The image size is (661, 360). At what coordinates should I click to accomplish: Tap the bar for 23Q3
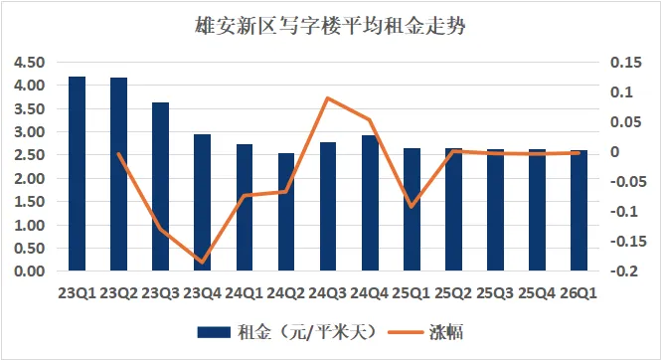pos(160,187)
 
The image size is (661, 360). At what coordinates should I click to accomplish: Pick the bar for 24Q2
pos(244,212)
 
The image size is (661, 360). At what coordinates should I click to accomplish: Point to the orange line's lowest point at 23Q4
pos(202,263)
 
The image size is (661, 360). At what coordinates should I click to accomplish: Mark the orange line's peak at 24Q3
pos(327,98)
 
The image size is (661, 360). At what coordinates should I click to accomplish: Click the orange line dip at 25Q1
pos(411,207)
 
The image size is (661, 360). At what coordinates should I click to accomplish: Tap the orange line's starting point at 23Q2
pos(118,153)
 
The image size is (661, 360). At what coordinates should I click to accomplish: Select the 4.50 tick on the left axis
pos(27,62)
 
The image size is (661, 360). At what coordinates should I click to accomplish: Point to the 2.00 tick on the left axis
pos(27,178)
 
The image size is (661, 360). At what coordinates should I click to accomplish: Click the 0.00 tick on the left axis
pos(27,271)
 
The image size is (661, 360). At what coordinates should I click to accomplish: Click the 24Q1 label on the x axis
pos(244,292)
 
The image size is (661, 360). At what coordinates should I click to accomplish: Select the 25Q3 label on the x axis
pos(494,292)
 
